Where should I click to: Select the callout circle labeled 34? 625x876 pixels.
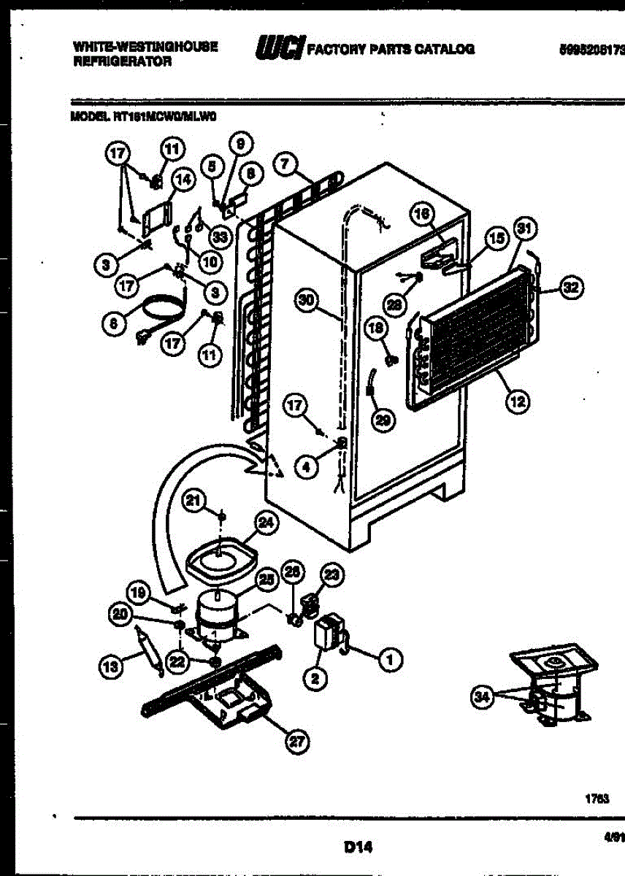point(479,696)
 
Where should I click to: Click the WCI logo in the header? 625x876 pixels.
point(280,48)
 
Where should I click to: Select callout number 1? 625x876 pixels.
point(389,660)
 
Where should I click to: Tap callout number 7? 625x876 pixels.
point(285,164)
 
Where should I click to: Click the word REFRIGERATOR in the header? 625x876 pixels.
point(122,62)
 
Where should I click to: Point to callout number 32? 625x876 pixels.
point(570,288)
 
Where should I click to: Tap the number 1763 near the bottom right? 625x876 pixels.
point(597,799)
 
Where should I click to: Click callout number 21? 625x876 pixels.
point(193,500)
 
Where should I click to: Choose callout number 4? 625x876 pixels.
point(308,466)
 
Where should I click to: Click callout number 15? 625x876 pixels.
point(496,238)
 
